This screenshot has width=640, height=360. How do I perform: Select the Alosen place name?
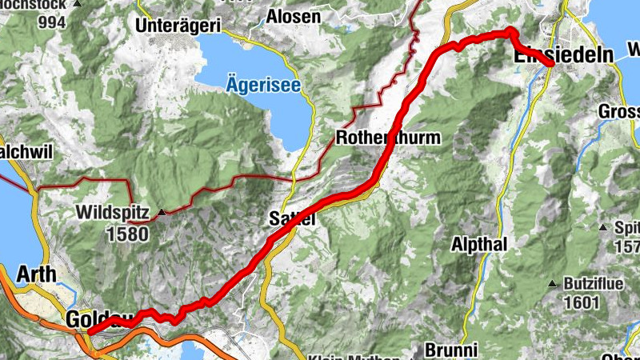click(294, 16)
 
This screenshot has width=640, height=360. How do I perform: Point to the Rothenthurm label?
click(389, 138)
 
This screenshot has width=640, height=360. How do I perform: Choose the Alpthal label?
click(480, 244)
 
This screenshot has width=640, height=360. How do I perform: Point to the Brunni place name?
click(451, 350)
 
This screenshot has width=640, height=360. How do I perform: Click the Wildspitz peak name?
click(113, 213)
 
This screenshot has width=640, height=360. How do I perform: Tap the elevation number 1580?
click(126, 234)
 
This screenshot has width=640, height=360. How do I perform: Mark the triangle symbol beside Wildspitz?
click(162, 213)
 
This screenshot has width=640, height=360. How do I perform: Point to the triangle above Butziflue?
click(552, 284)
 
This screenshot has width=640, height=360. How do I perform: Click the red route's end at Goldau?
click(90, 331)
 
